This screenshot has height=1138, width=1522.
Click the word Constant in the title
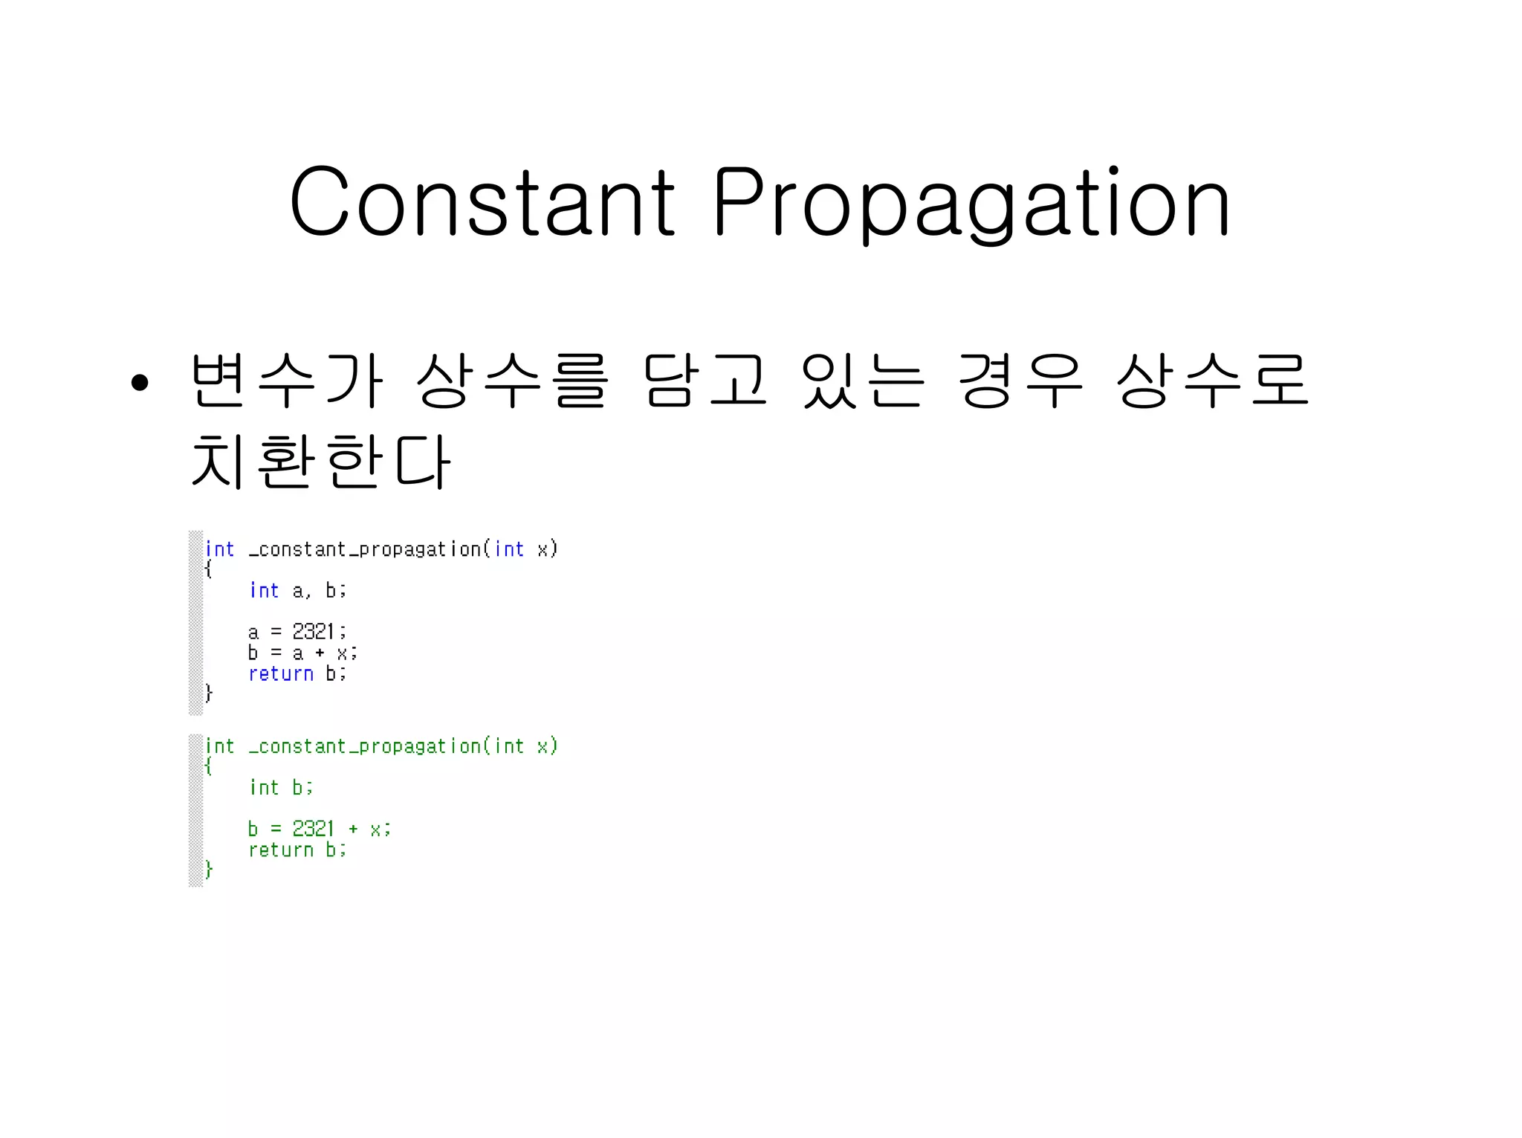[x=482, y=202]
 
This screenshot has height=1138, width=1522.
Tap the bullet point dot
[x=140, y=383]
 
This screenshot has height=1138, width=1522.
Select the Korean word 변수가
[x=287, y=381]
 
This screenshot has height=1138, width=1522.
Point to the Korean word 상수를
[x=512, y=381]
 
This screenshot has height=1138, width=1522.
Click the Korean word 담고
[x=705, y=381]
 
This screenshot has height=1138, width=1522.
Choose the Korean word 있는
[x=863, y=381]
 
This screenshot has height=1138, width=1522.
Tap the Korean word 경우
[x=1020, y=381]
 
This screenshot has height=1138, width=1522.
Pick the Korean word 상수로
[x=1212, y=381]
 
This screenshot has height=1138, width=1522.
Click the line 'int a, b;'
[x=297, y=591]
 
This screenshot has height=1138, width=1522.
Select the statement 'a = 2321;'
[x=297, y=632]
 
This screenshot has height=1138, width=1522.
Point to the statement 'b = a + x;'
[x=302, y=653]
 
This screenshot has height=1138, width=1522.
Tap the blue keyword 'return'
[x=281, y=673]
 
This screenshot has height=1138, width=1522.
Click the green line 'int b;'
[x=281, y=787]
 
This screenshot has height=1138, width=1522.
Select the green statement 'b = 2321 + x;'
[x=319, y=829]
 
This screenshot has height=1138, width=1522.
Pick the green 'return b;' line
[x=297, y=850]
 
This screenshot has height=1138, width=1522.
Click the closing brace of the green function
[x=209, y=870]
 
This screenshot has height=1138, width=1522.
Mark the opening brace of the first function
[x=209, y=570]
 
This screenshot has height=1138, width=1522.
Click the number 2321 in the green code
[x=314, y=829]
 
